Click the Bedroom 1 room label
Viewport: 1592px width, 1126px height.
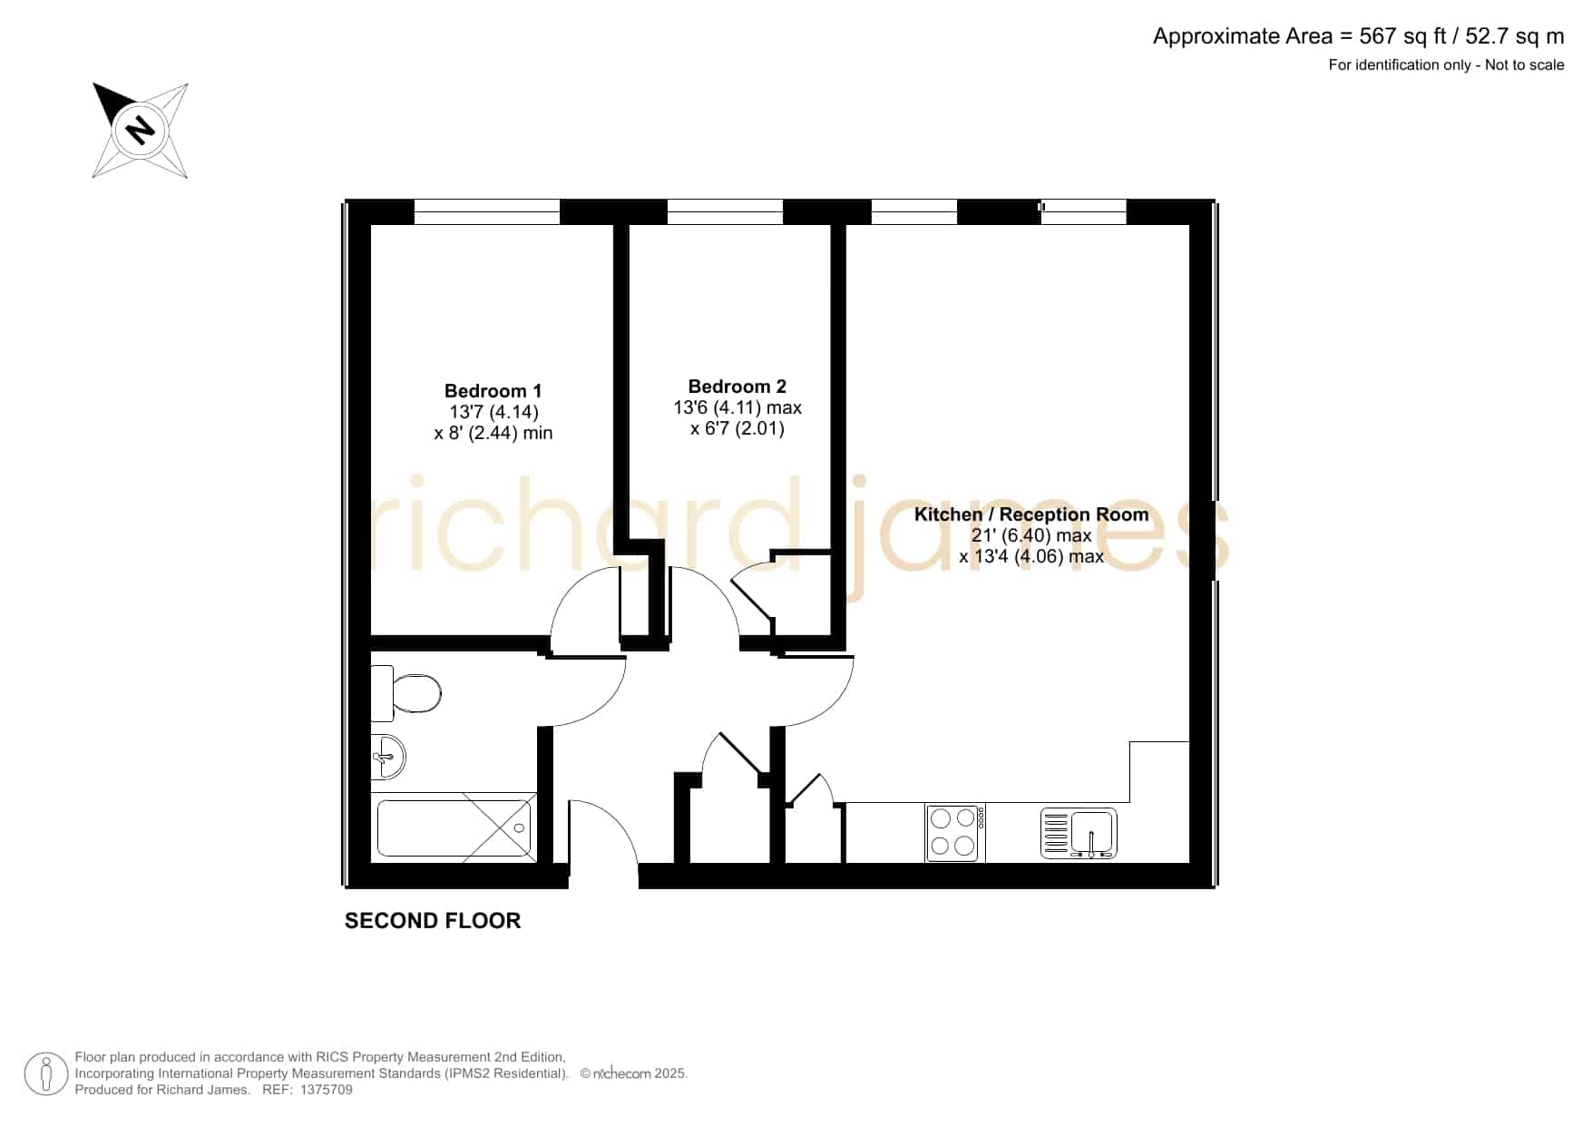click(x=493, y=391)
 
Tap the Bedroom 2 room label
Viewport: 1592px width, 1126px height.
click(x=737, y=387)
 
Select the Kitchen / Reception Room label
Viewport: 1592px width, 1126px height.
click(x=1031, y=514)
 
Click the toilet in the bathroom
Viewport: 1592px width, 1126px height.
click(x=405, y=693)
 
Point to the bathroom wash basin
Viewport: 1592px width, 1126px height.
click(x=387, y=756)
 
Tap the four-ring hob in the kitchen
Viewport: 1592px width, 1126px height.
click(x=954, y=832)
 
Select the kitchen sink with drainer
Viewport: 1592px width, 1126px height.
click(x=1079, y=833)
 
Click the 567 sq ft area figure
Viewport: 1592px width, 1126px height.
click(x=1402, y=36)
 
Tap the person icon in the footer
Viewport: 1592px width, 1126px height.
click(x=46, y=1074)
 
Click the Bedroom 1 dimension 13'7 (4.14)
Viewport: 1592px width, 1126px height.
click(x=493, y=412)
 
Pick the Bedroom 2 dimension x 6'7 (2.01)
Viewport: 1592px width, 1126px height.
click(x=737, y=428)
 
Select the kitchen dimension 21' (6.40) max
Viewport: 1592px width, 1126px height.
click(x=1031, y=535)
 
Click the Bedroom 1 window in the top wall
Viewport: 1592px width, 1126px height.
click(x=487, y=211)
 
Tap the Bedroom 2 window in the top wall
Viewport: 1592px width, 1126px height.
click(x=725, y=211)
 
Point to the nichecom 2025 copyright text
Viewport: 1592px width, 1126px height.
click(x=634, y=1073)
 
